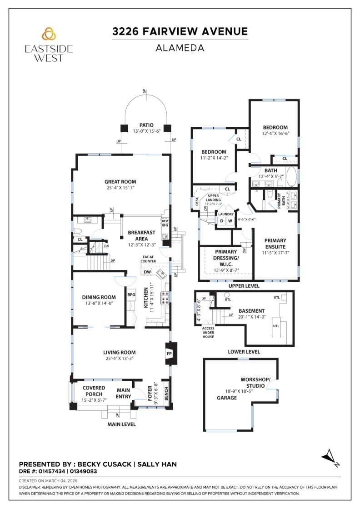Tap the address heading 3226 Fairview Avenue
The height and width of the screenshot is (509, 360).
pos(180,31)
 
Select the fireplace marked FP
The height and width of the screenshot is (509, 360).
pos(169,353)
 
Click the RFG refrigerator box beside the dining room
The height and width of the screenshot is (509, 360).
pos(131,294)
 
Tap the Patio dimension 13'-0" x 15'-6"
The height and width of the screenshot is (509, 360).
pos(146,131)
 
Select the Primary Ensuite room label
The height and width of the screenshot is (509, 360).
pos(275,244)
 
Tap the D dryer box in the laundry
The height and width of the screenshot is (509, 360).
pos(222,221)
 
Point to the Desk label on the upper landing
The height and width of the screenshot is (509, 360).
pos(197,202)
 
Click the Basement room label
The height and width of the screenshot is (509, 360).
pos(251,311)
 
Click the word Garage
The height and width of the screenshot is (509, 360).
pos(227,398)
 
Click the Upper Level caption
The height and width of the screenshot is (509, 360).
pos(244,286)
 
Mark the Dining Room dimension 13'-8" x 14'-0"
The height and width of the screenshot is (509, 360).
pos(99,303)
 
